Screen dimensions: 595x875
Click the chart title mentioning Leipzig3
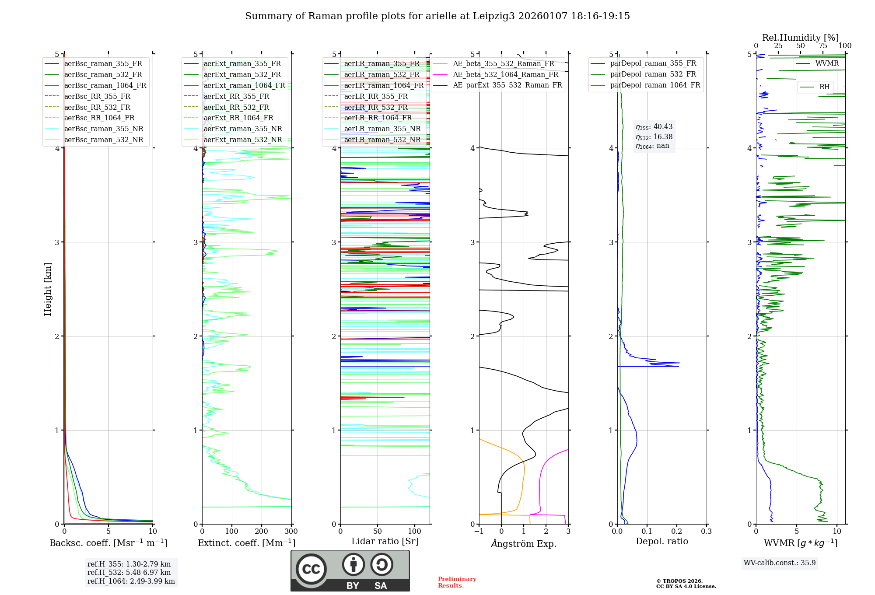pyautogui.click(x=437, y=16)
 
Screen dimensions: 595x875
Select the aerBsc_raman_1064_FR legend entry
pyautogui.click(x=105, y=85)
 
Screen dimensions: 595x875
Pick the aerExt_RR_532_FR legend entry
pyautogui.click(x=236, y=107)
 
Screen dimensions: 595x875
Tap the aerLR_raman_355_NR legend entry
pyautogui.click(x=382, y=129)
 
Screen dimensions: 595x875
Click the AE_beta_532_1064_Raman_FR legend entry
pyautogui.click(x=505, y=74)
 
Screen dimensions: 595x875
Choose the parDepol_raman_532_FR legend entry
pyautogui.click(x=653, y=74)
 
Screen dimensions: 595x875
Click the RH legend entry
pyautogui.click(x=824, y=87)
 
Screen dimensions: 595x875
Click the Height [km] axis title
pyautogui.click(x=48, y=289)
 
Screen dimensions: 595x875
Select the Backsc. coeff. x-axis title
pyautogui.click(x=108, y=543)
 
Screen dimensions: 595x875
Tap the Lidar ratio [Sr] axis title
pyautogui.click(x=385, y=541)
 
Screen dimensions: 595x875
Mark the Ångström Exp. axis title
pyautogui.click(x=524, y=544)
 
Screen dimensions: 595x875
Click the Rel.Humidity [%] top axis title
pyautogui.click(x=800, y=38)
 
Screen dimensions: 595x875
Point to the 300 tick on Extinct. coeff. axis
pyautogui.click(x=291, y=532)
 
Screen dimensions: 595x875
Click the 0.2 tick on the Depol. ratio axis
pyautogui.click(x=677, y=532)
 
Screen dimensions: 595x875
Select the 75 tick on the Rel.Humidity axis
pyautogui.click(x=823, y=46)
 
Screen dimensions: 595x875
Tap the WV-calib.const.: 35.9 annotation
pyautogui.click(x=780, y=563)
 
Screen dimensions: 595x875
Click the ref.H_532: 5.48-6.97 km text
pyautogui.click(x=129, y=572)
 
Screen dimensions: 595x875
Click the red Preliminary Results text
pyautogui.click(x=457, y=582)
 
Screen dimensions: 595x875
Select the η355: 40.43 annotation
pyautogui.click(x=654, y=127)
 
